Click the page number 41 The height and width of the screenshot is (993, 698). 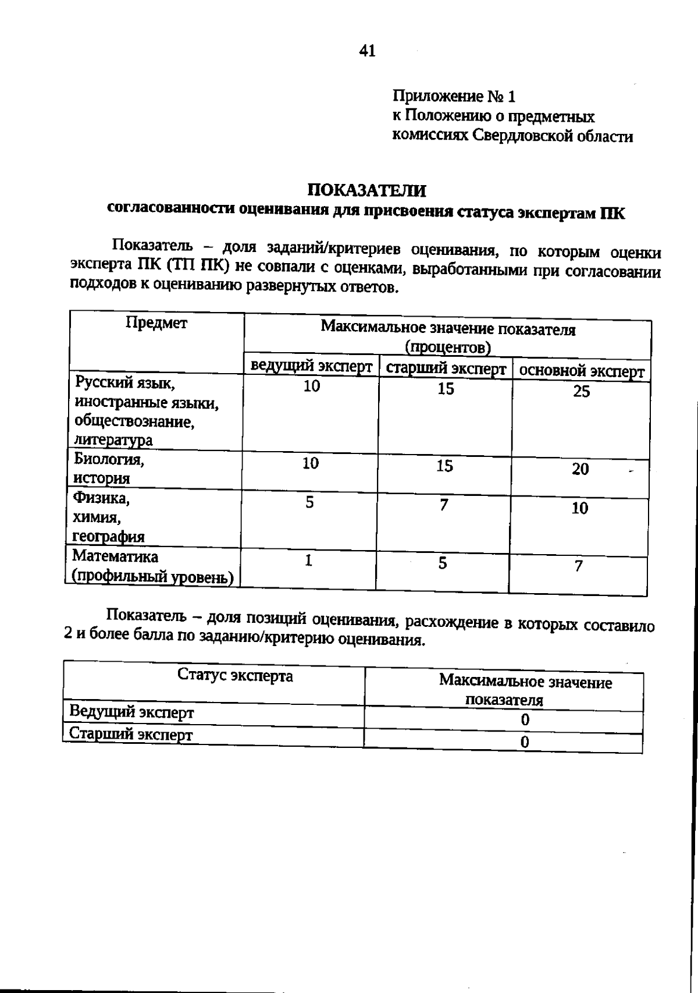coord(368,51)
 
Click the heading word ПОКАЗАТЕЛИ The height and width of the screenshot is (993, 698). coord(366,190)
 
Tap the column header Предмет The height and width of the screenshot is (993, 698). coord(156,324)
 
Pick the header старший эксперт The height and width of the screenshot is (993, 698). coord(446,369)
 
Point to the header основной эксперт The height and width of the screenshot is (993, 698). coord(581,371)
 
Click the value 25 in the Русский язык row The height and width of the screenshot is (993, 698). coord(581,392)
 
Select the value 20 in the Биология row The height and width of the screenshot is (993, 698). coord(580,469)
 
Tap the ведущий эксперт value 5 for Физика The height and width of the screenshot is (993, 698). coord(310,502)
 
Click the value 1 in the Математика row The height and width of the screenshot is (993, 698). coord(309,561)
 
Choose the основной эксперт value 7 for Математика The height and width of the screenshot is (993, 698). coord(578,566)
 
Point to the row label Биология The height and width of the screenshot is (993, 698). coord(109,459)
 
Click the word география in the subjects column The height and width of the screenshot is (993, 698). coord(108,537)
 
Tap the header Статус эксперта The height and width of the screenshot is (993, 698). coord(235,676)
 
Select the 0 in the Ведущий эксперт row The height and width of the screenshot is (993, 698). coord(525,720)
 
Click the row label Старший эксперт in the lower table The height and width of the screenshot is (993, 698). coord(131,734)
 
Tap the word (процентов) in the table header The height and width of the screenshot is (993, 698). coord(448,347)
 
